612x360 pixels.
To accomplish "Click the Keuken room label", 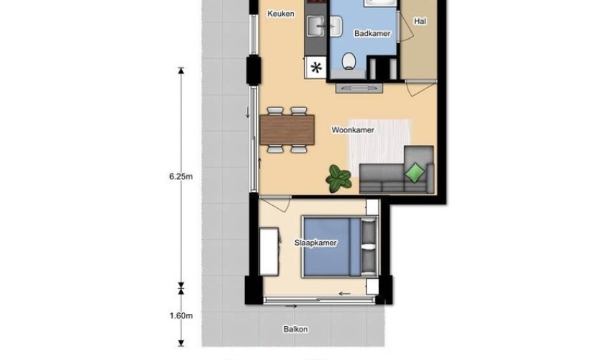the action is (281, 14).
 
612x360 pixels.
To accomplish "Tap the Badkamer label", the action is (372, 34).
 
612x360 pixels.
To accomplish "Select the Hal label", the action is (420, 22).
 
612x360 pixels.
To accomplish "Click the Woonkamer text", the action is (353, 130).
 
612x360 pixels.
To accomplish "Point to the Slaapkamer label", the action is (315, 243).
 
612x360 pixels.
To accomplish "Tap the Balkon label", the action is (295, 329).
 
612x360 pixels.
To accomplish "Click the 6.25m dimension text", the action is (181, 176).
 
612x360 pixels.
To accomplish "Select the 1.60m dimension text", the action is (181, 315).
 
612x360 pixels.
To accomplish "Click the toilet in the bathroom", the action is (348, 62).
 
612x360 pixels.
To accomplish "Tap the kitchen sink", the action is (316, 27).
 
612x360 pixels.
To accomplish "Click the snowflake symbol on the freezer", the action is (316, 68).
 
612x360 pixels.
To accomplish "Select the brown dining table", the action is (287, 130).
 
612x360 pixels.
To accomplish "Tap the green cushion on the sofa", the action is (415, 172).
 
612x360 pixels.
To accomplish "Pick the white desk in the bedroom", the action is (269, 252).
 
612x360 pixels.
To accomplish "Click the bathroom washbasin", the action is (336, 27).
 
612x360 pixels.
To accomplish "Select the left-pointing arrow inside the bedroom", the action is (344, 294).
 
